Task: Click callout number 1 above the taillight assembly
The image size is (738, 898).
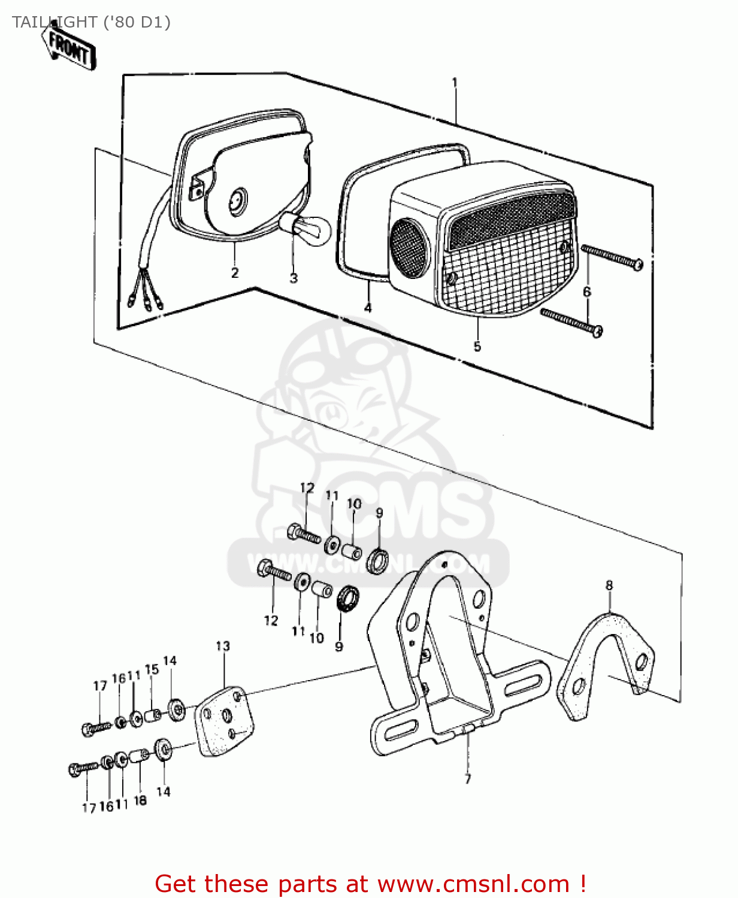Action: click(x=455, y=83)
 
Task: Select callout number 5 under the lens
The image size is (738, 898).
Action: click(x=477, y=347)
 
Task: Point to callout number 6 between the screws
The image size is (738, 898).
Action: click(x=587, y=292)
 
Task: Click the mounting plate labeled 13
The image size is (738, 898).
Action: click(x=224, y=723)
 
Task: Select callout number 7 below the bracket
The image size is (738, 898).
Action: click(x=468, y=779)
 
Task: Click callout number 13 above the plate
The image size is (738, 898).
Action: click(x=223, y=646)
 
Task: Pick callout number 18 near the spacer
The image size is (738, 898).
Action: click(x=140, y=800)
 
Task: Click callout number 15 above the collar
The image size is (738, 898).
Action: click(x=152, y=669)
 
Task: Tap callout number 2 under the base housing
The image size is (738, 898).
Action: click(x=235, y=273)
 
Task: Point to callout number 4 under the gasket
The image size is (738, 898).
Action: click(x=368, y=308)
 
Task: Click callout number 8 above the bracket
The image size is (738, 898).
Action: click(x=609, y=585)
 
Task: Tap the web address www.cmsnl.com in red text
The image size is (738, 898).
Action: click(x=473, y=884)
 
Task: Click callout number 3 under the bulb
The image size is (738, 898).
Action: click(x=294, y=278)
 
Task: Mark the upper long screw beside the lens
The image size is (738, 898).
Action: click(x=612, y=256)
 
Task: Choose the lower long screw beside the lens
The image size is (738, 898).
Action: click(x=571, y=321)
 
